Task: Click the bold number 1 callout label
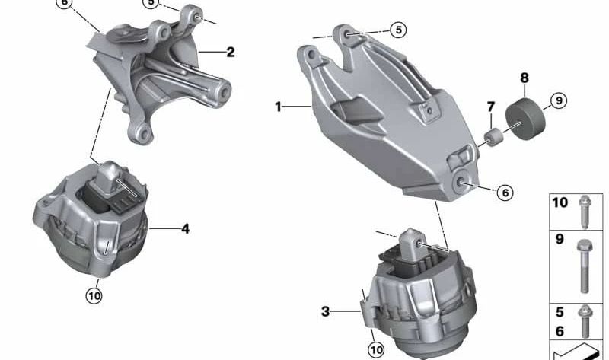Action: coord(279,107)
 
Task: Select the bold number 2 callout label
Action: coord(230,53)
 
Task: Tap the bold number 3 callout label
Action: coord(325,311)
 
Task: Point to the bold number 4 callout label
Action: coord(185,228)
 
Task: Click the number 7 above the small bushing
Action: coord(491,107)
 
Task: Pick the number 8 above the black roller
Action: coord(524,78)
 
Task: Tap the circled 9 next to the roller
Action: coord(557,100)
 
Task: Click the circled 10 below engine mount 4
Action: coord(94,295)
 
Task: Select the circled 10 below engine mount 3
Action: coord(376,349)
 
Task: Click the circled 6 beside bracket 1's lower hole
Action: coord(505,193)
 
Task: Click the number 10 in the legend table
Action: coord(560,203)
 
